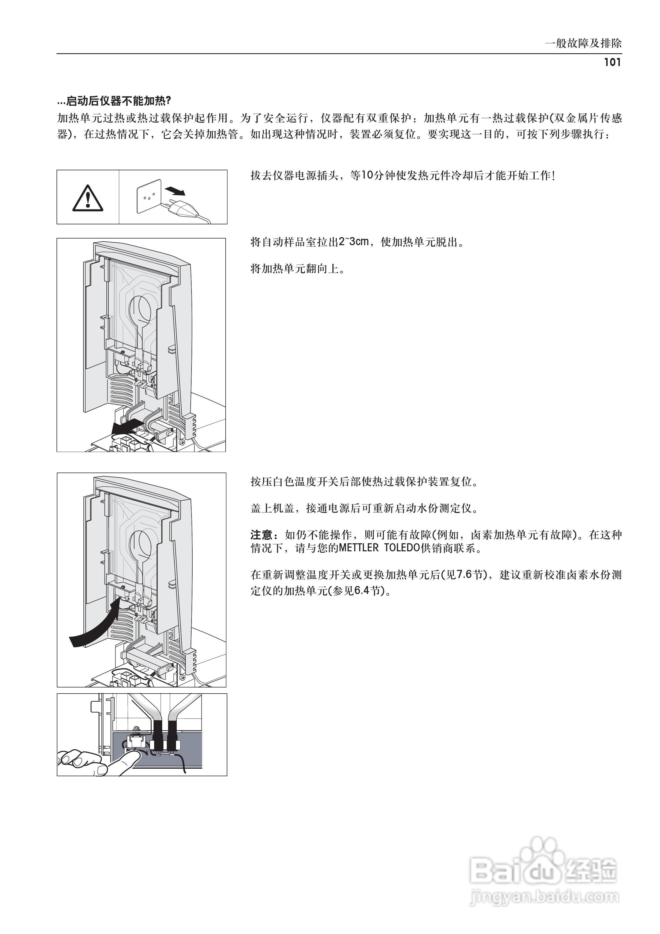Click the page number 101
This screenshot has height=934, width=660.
pos(612,62)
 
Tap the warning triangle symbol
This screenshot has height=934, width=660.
pos(87,198)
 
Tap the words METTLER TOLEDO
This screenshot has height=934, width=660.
pos(379,548)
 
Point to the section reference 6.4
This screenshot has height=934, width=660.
pos(361,590)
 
